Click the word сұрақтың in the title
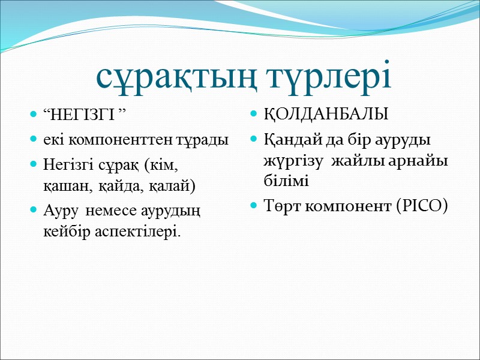170,77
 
